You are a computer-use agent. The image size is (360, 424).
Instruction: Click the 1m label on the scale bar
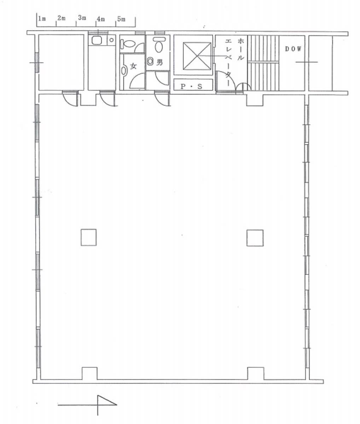coord(42,18)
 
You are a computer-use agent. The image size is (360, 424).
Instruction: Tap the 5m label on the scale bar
coord(121,19)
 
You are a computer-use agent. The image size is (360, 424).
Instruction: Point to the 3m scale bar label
coord(82,18)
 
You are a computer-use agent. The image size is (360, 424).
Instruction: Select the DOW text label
coord(293,49)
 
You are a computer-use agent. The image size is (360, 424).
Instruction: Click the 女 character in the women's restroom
coord(133,66)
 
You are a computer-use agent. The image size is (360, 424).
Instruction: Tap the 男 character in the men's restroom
coord(159,62)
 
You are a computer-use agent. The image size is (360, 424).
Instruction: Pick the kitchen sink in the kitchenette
coord(96,41)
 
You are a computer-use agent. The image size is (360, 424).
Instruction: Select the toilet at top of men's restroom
coord(159,44)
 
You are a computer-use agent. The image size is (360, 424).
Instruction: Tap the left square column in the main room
coord(89,237)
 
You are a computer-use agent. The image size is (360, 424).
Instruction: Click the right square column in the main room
coord(255,238)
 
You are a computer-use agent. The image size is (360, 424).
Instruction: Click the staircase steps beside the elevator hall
coord(263,63)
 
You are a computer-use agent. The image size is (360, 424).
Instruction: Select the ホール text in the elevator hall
coord(241,49)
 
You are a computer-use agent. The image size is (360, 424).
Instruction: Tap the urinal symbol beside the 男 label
coord(150,62)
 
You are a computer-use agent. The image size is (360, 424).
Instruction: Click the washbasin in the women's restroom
coord(124,71)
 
